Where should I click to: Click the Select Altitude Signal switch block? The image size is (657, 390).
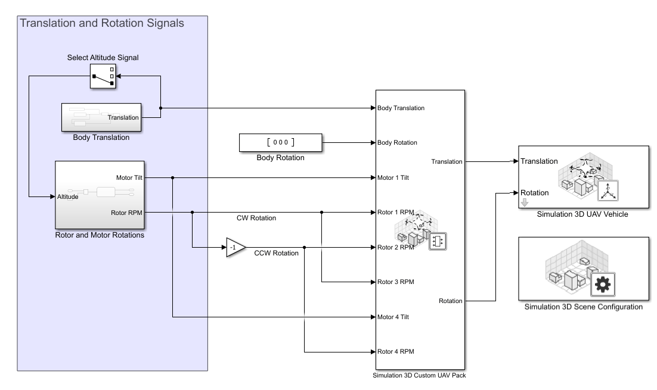[103, 76]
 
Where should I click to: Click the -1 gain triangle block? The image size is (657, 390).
[235, 247]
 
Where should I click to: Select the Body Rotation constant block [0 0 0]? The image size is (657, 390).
[280, 142]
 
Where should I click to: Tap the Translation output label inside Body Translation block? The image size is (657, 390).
[123, 117]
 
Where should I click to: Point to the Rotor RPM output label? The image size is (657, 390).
[127, 212]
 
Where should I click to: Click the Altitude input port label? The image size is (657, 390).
[68, 196]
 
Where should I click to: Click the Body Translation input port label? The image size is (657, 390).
[401, 108]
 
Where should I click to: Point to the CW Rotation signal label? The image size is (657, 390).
[256, 219]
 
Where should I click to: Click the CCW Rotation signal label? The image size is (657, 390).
[276, 254]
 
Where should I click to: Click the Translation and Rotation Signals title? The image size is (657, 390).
[102, 24]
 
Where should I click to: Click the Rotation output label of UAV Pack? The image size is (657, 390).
[450, 301]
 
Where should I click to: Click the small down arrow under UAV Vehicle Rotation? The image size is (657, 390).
[525, 203]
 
